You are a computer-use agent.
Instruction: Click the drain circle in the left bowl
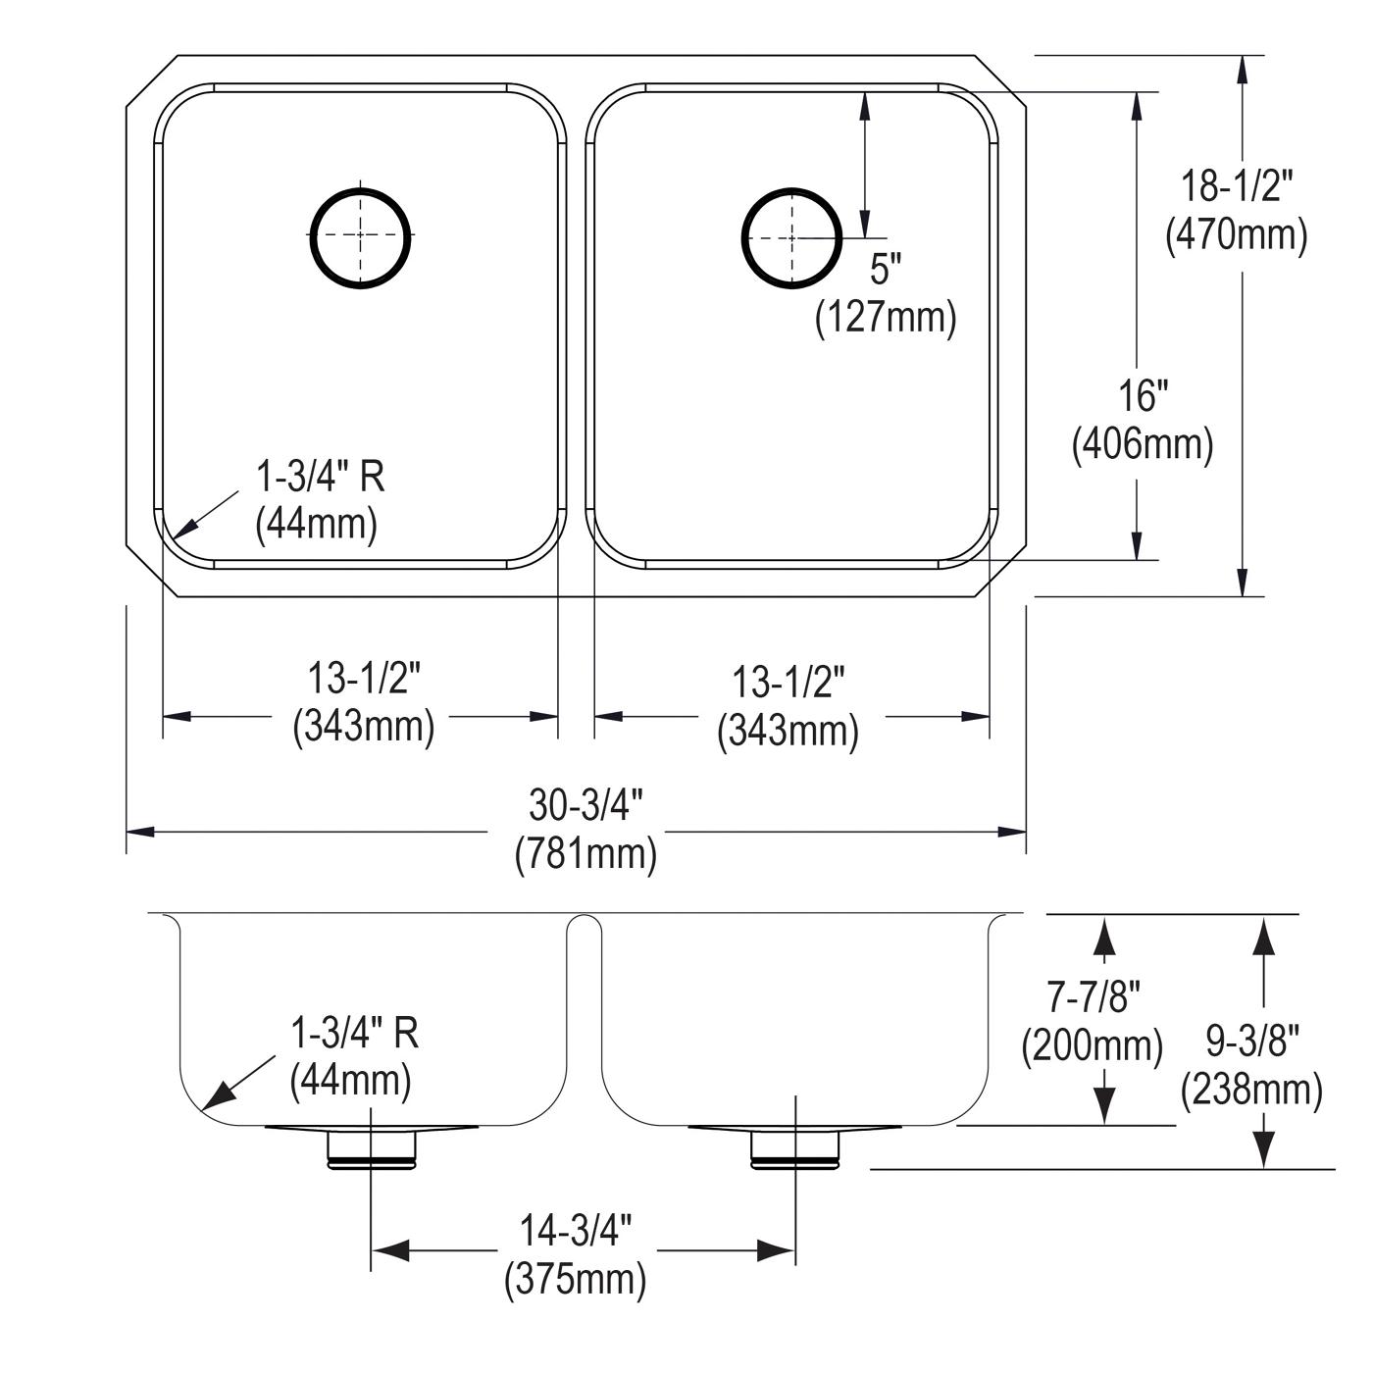coord(360,189)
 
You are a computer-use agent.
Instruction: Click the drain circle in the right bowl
coord(791,189)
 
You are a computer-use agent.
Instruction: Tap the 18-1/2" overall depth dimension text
coord(1237,186)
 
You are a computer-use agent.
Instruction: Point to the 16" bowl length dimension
coord(1143,395)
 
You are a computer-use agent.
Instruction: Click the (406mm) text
coord(1143,444)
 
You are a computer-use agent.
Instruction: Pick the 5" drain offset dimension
coord(886,270)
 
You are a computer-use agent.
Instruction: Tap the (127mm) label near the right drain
coord(886,317)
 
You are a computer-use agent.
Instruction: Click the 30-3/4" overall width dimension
coord(585,805)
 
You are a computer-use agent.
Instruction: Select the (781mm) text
coord(585,853)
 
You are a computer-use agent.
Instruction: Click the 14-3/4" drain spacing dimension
coord(576,1231)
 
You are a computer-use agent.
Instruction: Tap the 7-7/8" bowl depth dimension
coord(1093,996)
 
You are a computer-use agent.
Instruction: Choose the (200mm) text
coord(1093,1046)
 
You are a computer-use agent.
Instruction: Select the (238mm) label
coord(1251,1091)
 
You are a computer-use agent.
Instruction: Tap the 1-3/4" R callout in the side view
coord(354,1032)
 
